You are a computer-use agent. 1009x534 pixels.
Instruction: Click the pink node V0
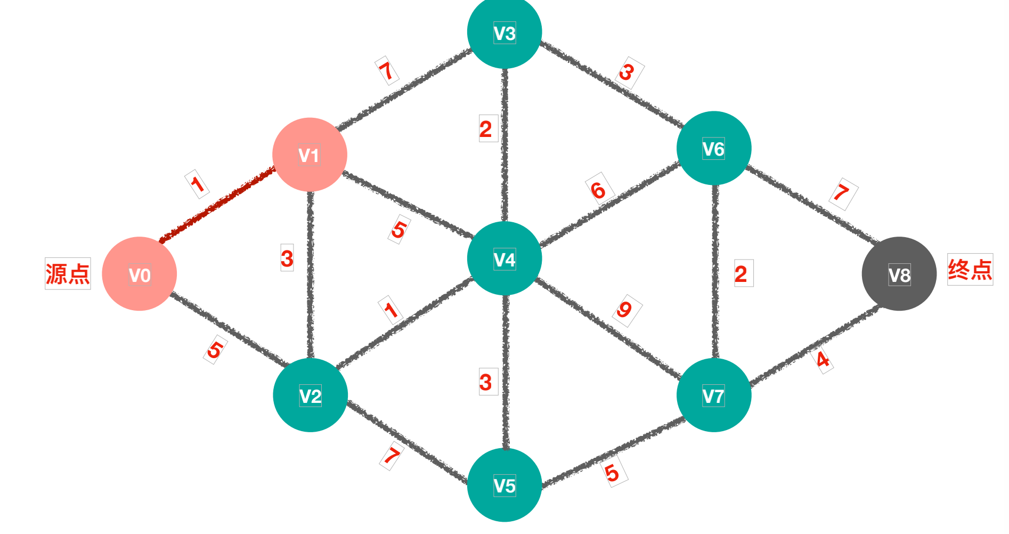(139, 274)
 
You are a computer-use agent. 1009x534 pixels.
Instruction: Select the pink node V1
(310, 155)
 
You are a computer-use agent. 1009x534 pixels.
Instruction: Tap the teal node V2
(310, 395)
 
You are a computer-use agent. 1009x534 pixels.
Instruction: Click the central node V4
(504, 259)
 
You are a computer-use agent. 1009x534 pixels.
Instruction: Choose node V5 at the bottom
(504, 485)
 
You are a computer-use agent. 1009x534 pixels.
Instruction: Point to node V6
(713, 148)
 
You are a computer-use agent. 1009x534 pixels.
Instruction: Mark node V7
(713, 395)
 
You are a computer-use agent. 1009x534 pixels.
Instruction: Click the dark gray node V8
(899, 274)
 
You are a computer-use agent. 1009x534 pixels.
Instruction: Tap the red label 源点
(68, 274)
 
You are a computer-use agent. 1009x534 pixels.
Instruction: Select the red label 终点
(970, 270)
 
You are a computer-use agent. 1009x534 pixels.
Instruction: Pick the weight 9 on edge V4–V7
(625, 310)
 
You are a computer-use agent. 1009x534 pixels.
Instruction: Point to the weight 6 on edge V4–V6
(599, 190)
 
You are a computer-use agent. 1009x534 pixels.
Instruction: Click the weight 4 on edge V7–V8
(823, 360)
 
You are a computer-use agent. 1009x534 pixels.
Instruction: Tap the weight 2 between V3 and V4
(486, 130)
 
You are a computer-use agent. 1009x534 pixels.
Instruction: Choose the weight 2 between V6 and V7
(741, 274)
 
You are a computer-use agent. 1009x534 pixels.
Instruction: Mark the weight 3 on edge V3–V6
(628, 72)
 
